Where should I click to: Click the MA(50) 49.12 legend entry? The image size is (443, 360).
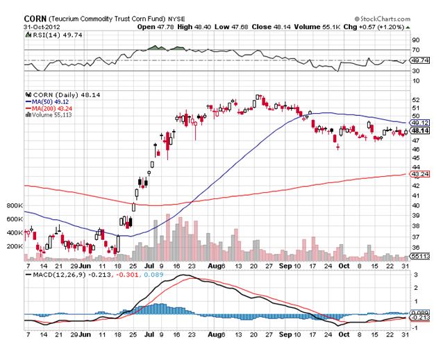click(51, 102)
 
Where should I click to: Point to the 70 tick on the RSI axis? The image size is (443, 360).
click(415, 50)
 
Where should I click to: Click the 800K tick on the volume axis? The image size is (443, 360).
click(14, 206)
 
